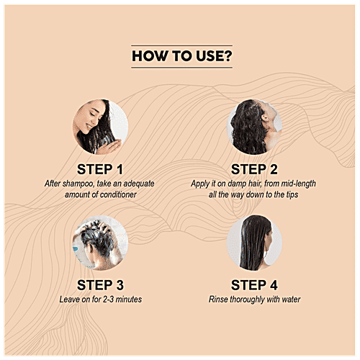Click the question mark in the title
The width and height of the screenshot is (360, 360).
[x=226, y=56]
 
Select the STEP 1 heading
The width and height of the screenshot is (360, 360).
[x=100, y=169]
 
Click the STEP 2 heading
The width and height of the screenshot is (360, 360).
[x=254, y=169]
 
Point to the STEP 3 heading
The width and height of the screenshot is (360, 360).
[x=100, y=285]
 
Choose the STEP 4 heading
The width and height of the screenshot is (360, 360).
[x=254, y=285]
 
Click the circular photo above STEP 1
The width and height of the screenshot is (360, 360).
[x=100, y=127]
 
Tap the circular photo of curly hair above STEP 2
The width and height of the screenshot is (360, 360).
[x=254, y=127]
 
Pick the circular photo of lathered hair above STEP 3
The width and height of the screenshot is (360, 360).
[x=100, y=243]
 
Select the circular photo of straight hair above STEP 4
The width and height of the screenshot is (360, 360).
[x=254, y=243]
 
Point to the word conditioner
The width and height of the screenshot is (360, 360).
[x=118, y=194]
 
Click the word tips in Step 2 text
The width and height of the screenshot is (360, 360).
[x=292, y=194]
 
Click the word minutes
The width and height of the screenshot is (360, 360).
[x=129, y=300]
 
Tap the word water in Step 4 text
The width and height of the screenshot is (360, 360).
[x=292, y=300]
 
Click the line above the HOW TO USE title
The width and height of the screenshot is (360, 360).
[x=181, y=45]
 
